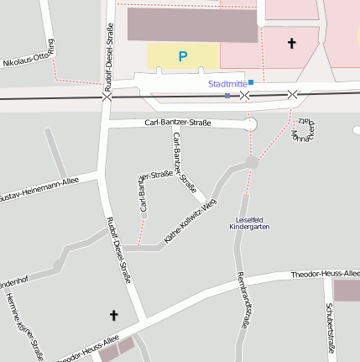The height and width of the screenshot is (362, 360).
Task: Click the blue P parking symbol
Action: (183, 56)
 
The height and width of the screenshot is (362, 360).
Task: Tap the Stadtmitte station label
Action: (227, 84)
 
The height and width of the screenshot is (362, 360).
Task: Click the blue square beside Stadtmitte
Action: (251, 82)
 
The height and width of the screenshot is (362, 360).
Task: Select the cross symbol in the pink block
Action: (292, 42)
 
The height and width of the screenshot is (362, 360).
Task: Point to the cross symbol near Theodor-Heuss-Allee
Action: (114, 315)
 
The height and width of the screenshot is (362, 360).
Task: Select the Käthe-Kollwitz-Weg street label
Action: (190, 222)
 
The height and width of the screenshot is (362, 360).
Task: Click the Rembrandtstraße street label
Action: (243, 300)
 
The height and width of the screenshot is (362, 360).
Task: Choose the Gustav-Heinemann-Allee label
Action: (38, 189)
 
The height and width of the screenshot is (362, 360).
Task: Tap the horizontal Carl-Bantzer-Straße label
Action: (178, 123)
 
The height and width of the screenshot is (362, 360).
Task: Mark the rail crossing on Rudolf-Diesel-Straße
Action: (107, 97)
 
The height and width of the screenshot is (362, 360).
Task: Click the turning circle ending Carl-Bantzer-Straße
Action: (249, 124)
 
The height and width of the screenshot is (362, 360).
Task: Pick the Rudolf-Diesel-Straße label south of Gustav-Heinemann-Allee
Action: (118, 249)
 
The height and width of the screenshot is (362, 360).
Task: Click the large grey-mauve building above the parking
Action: (192, 25)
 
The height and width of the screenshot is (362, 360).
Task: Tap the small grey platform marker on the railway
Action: (227, 96)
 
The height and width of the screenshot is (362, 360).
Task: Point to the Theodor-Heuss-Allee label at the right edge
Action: (326, 275)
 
